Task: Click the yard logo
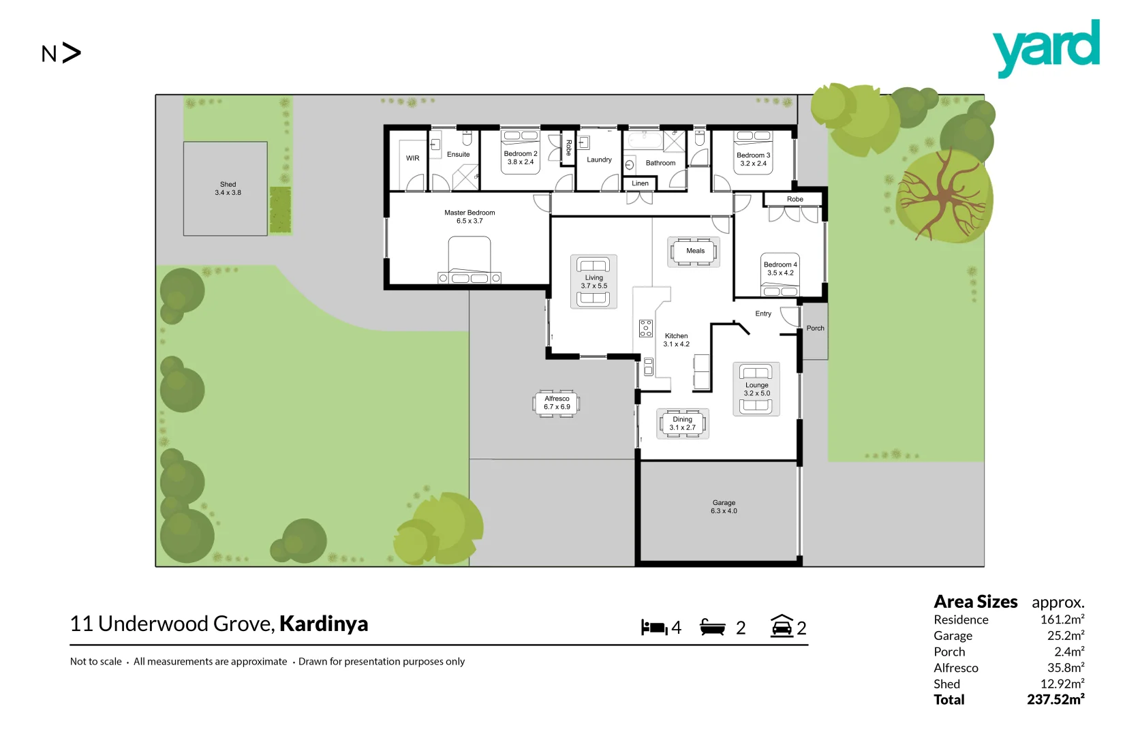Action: coord(1046,48)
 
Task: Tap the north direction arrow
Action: coord(71,53)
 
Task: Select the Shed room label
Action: coord(228,189)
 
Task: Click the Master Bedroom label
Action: coord(469,217)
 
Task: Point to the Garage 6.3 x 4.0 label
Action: coord(724,506)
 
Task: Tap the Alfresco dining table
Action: coord(557,403)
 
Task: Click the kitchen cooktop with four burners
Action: coord(646,328)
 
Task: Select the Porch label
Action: coord(815,328)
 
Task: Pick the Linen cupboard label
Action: coord(640,183)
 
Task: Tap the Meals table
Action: coord(694,251)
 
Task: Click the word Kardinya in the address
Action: coord(324,624)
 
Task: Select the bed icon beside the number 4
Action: coord(654,628)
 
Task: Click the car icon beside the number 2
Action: coord(782,626)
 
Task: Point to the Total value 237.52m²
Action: coord(1056,700)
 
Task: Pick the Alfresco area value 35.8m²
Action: coord(1065,668)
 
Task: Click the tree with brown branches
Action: coord(943,196)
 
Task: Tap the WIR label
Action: coord(413,158)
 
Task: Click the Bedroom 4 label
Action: coord(780,269)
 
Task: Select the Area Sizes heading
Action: coord(975,602)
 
